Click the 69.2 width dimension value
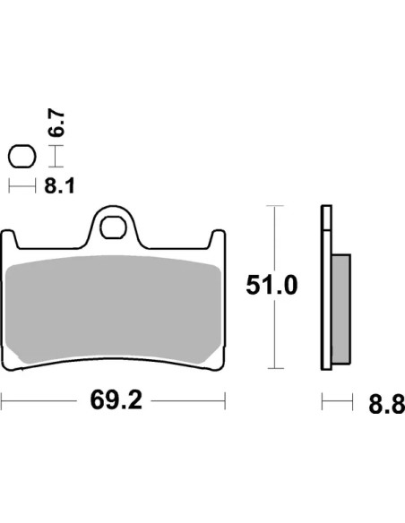[116, 400]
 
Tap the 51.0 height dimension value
[271, 286]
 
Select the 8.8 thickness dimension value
[387, 404]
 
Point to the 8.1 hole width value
[59, 185]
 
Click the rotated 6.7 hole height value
[56, 123]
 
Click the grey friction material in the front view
[114, 309]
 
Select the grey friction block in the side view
[341, 309]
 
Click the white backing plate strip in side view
[326, 287]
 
